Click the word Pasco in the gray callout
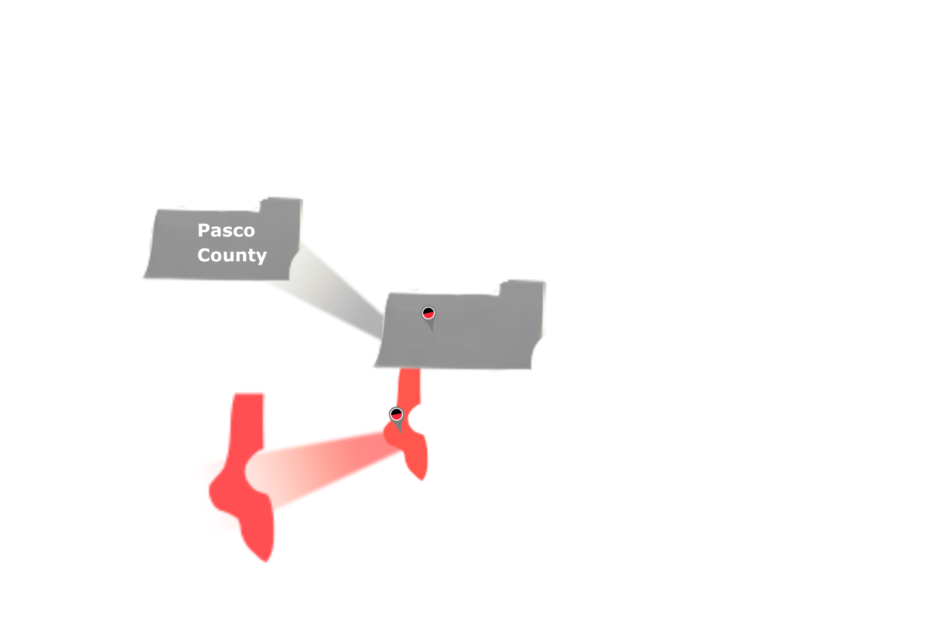pos(226,230)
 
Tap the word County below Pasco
pos(232,255)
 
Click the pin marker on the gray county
pos(428,314)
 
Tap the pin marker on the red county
pos(396,415)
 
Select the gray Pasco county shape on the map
pos(461,340)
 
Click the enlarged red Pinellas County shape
pos(243,485)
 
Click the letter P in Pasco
pos(204,230)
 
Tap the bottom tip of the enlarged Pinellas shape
pos(265,558)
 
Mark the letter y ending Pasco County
pos(262,257)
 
